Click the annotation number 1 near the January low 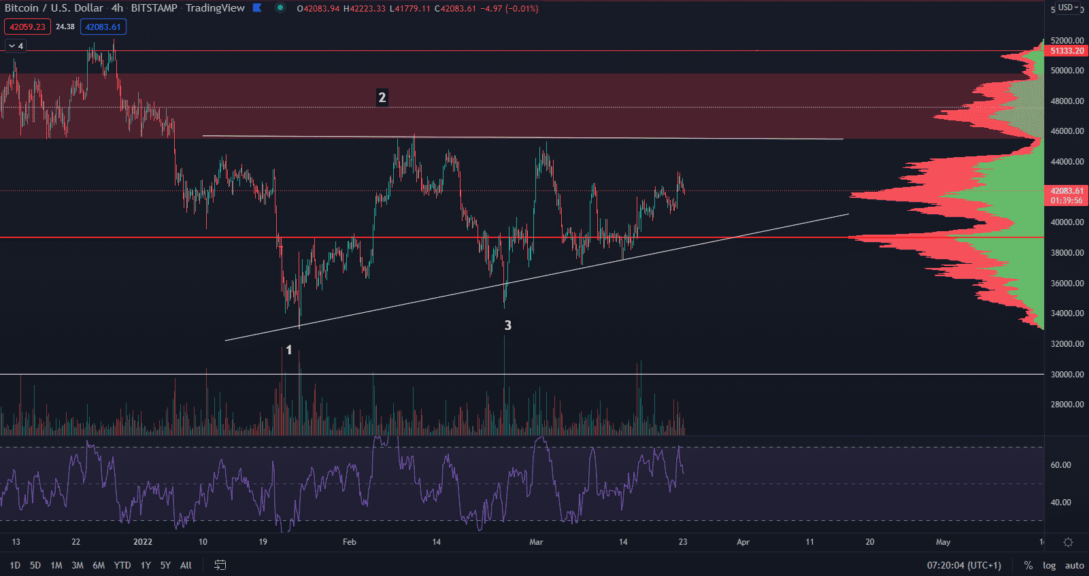point(289,350)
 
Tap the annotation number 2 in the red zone point(382,98)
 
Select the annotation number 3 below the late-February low point(507,326)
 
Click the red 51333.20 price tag point(1067,51)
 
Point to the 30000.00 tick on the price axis point(1067,375)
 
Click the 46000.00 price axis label point(1067,131)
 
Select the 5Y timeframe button point(165,565)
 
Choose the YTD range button point(122,565)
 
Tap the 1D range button point(15,565)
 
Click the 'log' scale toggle point(1049,565)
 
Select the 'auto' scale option point(1074,565)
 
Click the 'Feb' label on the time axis point(349,542)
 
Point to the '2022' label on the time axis point(143,542)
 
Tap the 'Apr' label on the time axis point(743,542)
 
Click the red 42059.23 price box point(27,27)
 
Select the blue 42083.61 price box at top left point(103,27)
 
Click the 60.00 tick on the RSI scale point(1060,465)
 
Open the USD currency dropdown point(1068,7)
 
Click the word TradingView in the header point(215,8)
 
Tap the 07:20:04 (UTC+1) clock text point(964,565)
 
